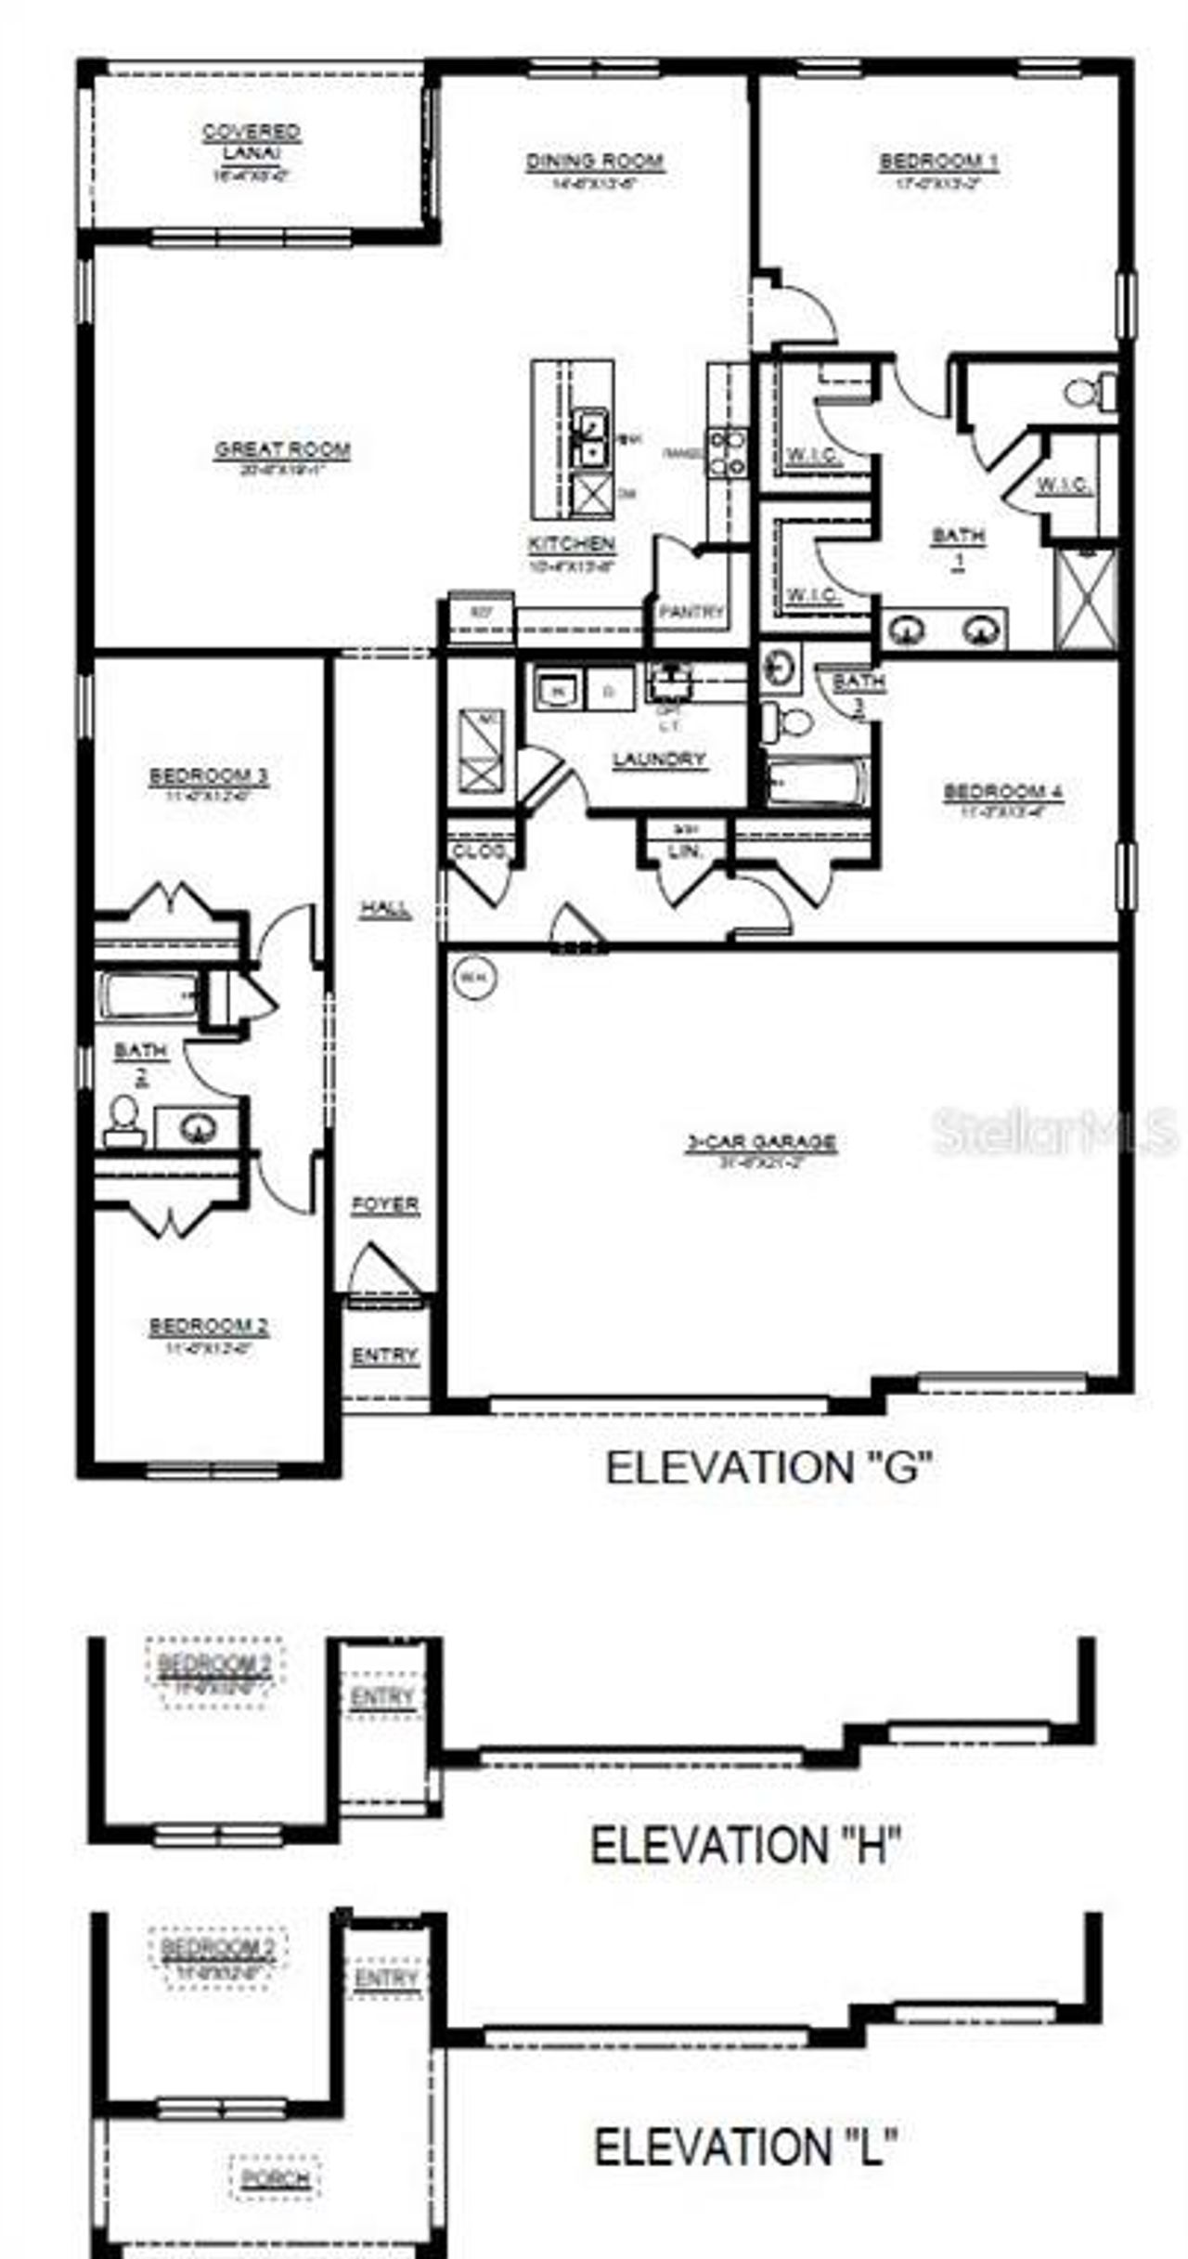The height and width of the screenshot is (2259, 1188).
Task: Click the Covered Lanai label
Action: coord(252,140)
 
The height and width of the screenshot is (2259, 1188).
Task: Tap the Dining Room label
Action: coord(595,162)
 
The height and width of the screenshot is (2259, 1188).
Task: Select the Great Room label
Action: coord(283,450)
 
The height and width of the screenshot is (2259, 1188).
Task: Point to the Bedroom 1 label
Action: coord(938,162)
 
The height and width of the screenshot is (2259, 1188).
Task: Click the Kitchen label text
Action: coord(572,544)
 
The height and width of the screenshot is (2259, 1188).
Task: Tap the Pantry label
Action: coord(691,612)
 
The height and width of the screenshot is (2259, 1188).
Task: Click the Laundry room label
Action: coord(660,759)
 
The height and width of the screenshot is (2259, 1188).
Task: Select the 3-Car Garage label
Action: coord(761,1142)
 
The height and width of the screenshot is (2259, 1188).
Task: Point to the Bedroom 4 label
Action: coord(1003,792)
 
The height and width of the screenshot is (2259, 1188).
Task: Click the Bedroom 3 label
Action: coord(209,776)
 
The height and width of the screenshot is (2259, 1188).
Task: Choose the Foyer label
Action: coord(385,1205)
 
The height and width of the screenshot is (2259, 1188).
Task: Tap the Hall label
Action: coord(386,909)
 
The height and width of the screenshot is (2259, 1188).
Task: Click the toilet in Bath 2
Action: coord(124,1119)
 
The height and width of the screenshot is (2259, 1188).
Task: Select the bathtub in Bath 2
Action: coord(148,996)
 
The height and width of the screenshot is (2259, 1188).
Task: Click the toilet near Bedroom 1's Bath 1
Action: coord(1091,391)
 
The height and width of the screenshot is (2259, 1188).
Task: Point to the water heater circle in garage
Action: coord(474,977)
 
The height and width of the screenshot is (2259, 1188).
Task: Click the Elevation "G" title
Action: coord(769,1468)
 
